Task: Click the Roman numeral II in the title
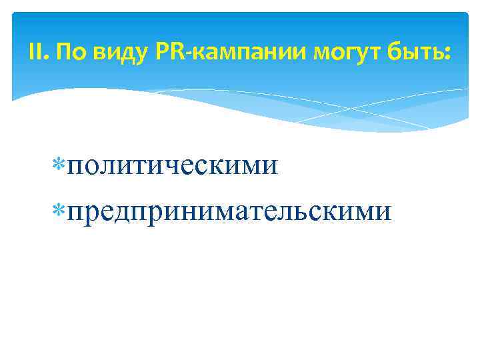click(37, 52)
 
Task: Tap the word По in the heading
click(66, 52)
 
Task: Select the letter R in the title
click(175, 52)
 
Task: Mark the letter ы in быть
click(410, 53)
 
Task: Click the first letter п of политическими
click(75, 165)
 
